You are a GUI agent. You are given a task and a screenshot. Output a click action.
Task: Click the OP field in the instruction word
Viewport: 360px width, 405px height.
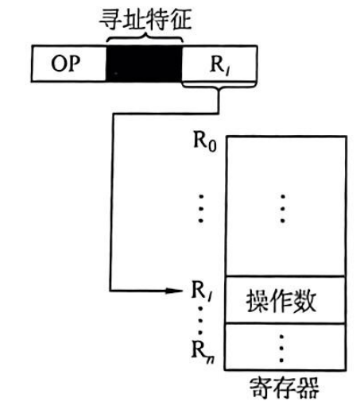coord(69,64)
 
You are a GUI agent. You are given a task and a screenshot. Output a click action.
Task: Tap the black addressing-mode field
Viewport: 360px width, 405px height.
coord(144,64)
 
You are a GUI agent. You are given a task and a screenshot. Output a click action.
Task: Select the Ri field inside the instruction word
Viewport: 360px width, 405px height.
coord(219,64)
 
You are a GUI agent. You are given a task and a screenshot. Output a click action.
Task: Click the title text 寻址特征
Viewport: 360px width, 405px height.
coord(145,19)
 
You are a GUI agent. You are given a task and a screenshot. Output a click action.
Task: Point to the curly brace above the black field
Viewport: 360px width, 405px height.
coord(145,38)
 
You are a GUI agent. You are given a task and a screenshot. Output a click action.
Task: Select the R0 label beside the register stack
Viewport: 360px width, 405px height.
coord(205,141)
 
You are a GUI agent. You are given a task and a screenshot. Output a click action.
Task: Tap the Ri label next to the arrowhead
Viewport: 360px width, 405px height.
coord(203,291)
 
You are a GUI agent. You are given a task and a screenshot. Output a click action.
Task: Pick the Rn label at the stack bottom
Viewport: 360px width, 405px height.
coord(203,350)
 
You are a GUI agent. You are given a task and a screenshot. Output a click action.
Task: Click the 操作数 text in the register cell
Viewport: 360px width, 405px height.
coord(281,301)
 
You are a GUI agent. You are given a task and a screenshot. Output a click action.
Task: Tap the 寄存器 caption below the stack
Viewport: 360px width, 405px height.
coord(284,388)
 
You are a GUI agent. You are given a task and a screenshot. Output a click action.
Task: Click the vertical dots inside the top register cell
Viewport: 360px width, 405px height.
coord(283,209)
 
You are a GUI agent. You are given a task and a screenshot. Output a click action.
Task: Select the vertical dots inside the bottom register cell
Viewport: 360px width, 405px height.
coord(281,349)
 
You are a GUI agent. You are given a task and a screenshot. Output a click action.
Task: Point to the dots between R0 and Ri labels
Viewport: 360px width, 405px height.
coord(201,209)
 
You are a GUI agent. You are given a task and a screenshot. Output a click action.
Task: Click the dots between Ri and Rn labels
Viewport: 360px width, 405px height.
coord(201,320)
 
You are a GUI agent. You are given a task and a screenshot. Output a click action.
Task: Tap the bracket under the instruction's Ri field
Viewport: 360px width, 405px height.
coord(219,86)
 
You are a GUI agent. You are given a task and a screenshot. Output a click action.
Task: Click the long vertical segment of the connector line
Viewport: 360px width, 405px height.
coord(111,202)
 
